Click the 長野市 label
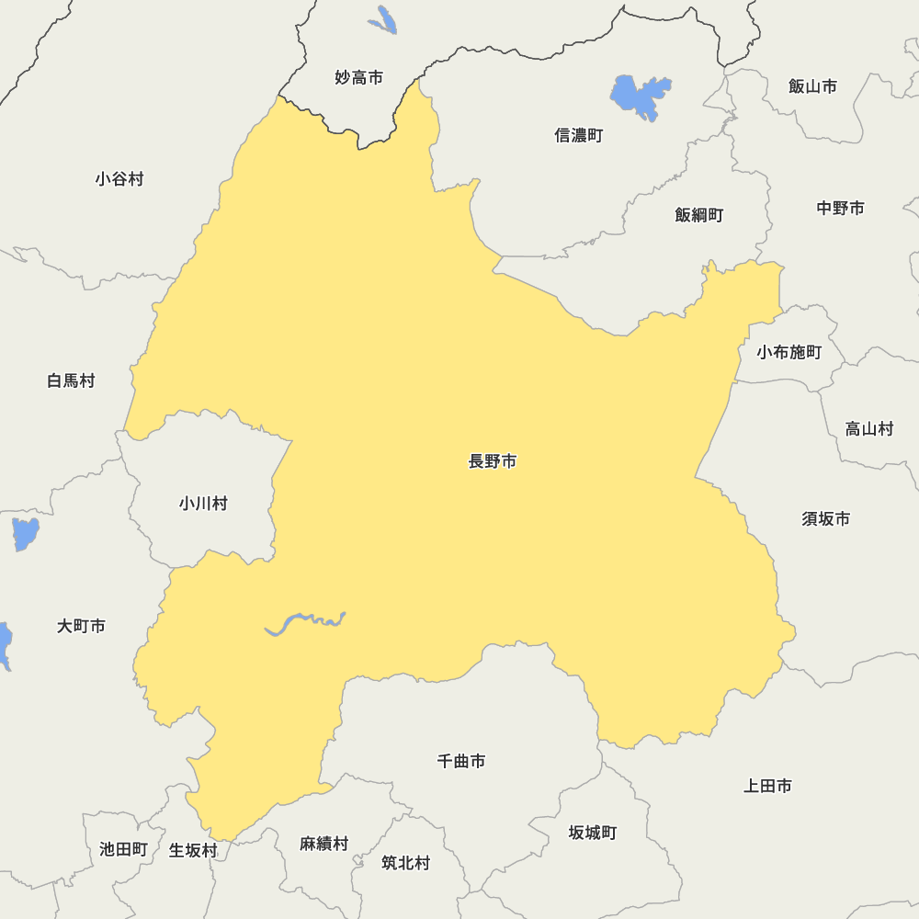pyautogui.click(x=493, y=461)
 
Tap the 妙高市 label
pyautogui.click(x=358, y=78)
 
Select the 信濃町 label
pyautogui.click(x=579, y=135)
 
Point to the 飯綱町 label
pyautogui.click(x=699, y=215)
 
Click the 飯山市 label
pyautogui.click(x=813, y=86)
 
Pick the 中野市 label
pyautogui.click(x=841, y=209)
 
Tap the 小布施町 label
pyautogui.click(x=789, y=352)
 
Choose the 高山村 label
pyautogui.click(x=869, y=428)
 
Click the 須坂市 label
pyautogui.click(x=826, y=519)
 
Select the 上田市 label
pyautogui.click(x=767, y=786)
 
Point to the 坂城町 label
pyautogui.click(x=593, y=833)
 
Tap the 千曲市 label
pyautogui.click(x=461, y=761)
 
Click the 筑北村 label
pyautogui.click(x=405, y=863)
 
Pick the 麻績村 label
pyautogui.click(x=324, y=844)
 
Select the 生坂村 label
pyautogui.click(x=193, y=851)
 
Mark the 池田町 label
pyautogui.click(x=123, y=849)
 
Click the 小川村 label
pyautogui.click(x=203, y=504)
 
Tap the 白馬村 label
pyautogui.click(x=71, y=380)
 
